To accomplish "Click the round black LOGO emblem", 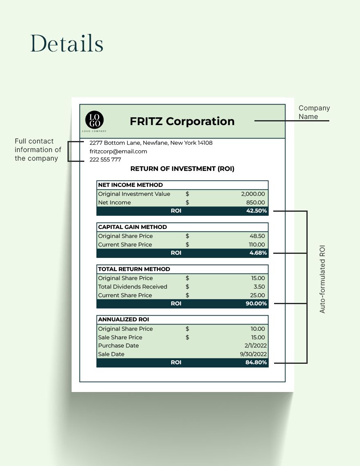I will (x=94, y=120).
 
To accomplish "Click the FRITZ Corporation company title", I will (x=182, y=121).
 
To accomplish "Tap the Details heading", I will (x=67, y=43).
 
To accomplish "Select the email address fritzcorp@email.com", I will (x=118, y=151).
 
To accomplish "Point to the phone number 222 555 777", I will (x=105, y=160).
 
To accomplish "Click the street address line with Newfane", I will (x=151, y=143).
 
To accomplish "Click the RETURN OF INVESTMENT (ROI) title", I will (x=182, y=168).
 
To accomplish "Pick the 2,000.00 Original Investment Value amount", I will (x=253, y=194).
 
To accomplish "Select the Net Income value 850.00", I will (x=255, y=203).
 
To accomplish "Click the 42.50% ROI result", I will (x=256, y=211).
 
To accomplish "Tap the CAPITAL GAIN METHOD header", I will (x=133, y=227).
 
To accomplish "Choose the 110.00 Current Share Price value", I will (x=256, y=244).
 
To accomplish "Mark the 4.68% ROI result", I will (x=259, y=253).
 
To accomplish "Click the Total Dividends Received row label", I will (x=133, y=287).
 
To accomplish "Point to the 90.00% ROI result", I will (x=256, y=304).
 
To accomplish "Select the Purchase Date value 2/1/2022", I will (x=255, y=346).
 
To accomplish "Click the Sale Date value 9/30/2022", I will (x=253, y=354).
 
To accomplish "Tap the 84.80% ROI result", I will (x=256, y=363).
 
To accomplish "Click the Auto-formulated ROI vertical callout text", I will (x=322, y=280).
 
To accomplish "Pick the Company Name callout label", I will (x=314, y=112).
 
